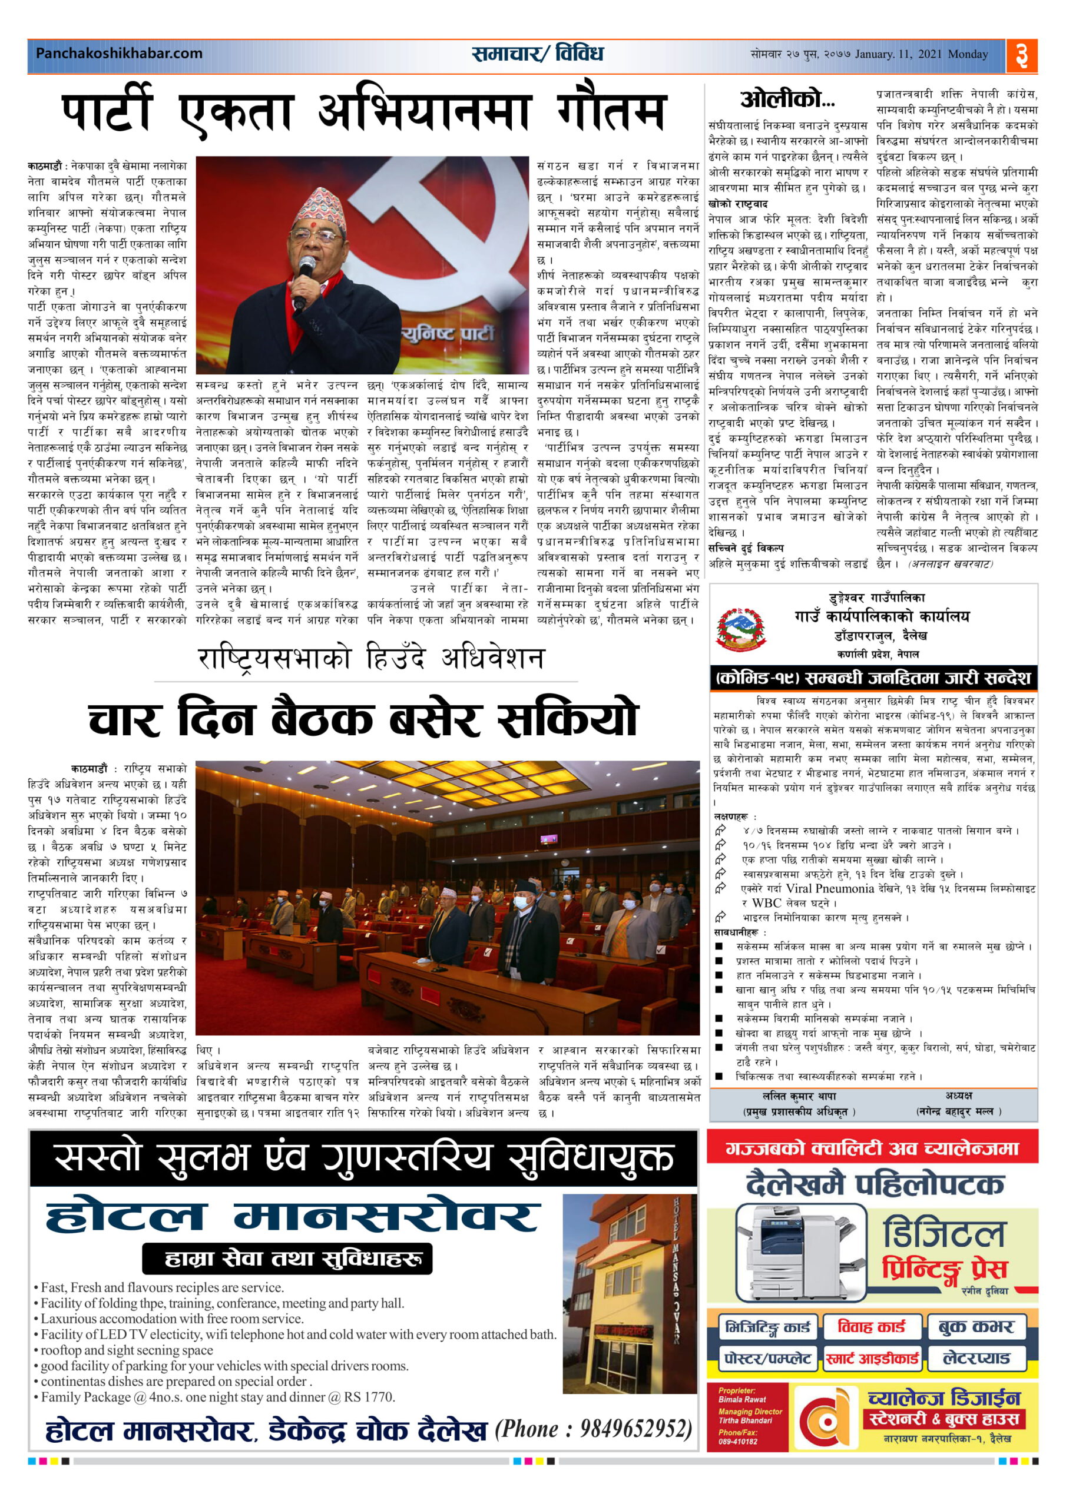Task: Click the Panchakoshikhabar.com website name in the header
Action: (119, 53)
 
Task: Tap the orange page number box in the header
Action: (1021, 55)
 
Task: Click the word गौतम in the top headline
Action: (611, 112)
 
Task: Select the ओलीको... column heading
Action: (787, 99)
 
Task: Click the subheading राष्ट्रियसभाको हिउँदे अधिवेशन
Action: (371, 658)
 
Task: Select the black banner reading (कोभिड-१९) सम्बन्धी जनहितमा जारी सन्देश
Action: (873, 678)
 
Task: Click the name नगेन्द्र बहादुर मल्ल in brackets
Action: (958, 1111)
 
